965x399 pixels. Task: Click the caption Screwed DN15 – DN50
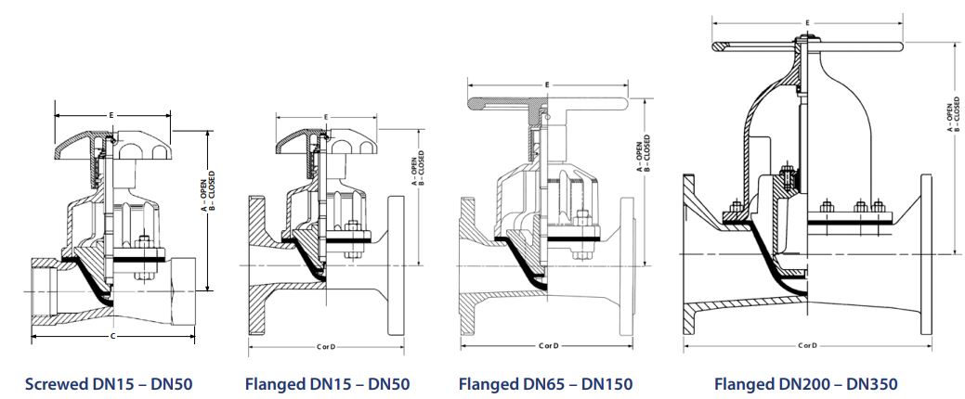[x=109, y=385]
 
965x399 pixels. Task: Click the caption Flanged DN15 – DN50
[x=327, y=385]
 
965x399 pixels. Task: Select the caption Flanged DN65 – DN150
[x=545, y=385]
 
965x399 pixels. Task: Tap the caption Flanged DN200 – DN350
[x=805, y=385]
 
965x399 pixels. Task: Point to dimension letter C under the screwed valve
[x=112, y=336]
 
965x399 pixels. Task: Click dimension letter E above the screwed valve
[x=111, y=115]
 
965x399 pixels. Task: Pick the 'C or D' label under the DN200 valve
[x=807, y=345]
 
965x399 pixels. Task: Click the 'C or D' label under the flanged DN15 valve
[x=326, y=347]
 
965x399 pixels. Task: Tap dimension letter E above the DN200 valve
[x=807, y=23]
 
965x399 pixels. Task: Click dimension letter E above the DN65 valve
[x=547, y=84]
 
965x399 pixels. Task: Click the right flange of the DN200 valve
[x=926, y=254]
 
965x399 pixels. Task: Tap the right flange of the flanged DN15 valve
[x=396, y=265]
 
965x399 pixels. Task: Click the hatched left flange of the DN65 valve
[x=468, y=265]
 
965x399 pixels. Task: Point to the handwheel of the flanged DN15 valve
[x=326, y=144]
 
